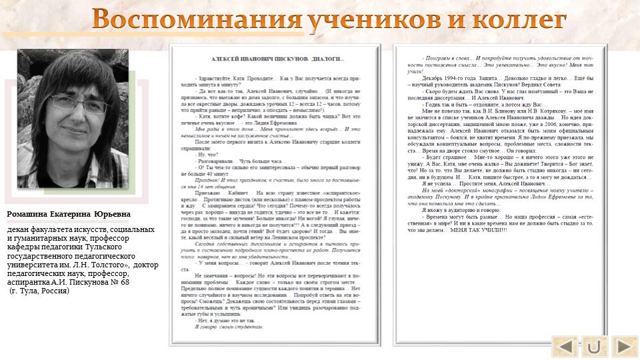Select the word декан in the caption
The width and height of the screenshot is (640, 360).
click(21, 230)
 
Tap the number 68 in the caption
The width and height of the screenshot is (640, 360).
click(124, 282)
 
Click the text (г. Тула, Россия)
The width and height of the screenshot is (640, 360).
click(39, 291)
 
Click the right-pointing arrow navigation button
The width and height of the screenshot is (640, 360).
click(624, 346)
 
